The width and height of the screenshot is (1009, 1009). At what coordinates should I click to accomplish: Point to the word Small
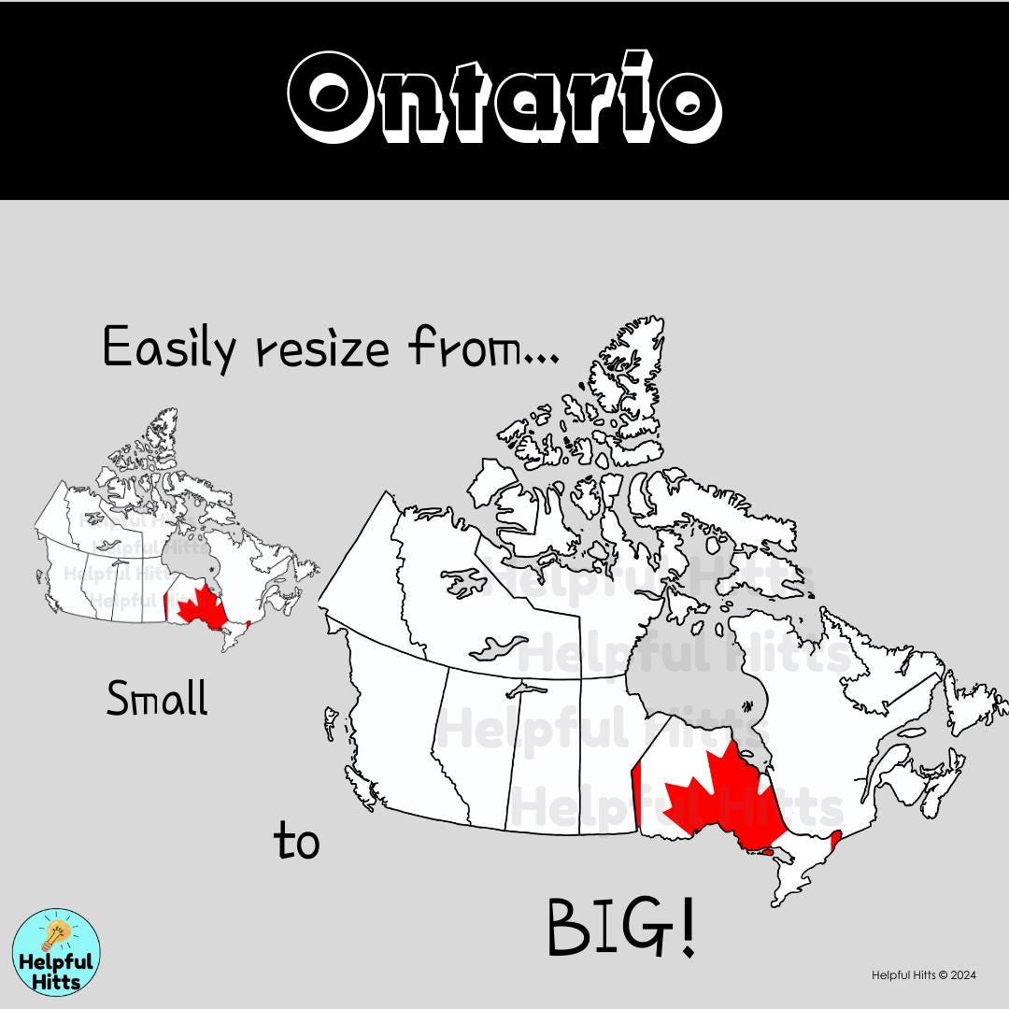[x=156, y=698]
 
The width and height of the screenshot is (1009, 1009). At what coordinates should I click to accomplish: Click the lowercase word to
[x=296, y=840]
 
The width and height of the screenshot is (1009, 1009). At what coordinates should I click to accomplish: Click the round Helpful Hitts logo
[x=57, y=952]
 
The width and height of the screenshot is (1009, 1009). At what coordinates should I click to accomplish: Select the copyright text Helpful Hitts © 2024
[x=923, y=975]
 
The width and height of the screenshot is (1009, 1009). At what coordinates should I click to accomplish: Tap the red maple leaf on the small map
[x=198, y=605]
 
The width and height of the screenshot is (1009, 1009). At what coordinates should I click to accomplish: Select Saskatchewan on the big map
[x=542, y=747]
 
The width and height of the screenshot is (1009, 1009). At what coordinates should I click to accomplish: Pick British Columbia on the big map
[x=392, y=710]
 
